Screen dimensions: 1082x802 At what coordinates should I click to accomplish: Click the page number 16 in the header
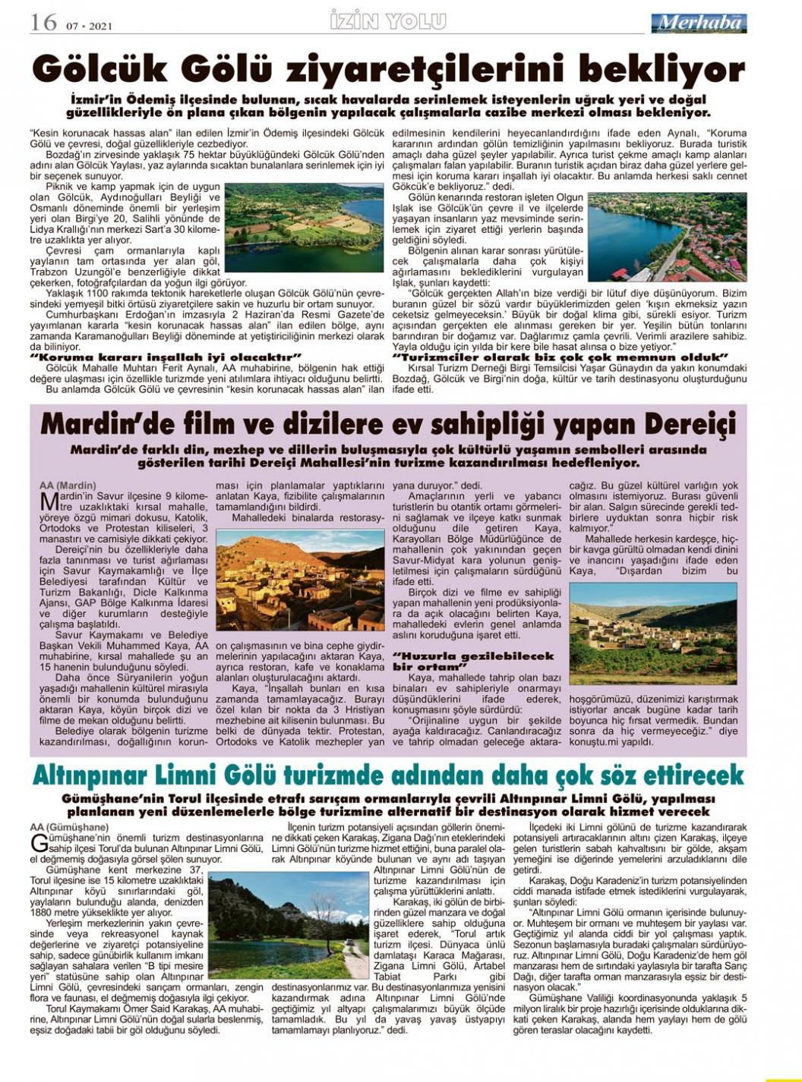(x=43, y=23)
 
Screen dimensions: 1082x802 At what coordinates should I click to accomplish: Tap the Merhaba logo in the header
(x=698, y=23)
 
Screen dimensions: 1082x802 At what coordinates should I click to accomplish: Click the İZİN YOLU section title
(x=388, y=22)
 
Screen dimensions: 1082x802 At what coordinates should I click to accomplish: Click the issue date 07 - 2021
(x=89, y=27)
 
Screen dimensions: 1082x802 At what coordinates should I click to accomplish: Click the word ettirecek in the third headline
(x=687, y=775)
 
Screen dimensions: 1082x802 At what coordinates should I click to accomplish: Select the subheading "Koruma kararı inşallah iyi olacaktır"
(x=166, y=357)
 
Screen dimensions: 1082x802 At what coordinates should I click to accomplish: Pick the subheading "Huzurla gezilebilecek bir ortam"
(x=473, y=661)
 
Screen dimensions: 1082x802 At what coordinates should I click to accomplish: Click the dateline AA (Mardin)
(x=68, y=484)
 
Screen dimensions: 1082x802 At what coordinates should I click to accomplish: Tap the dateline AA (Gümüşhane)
(x=69, y=826)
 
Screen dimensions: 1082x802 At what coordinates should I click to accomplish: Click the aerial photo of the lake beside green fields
(x=304, y=228)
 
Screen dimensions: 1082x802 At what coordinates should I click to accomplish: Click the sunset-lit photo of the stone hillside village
(x=300, y=580)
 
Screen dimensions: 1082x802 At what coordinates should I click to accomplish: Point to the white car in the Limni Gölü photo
(x=349, y=945)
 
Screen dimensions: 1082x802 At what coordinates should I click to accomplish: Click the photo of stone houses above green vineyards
(x=652, y=634)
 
